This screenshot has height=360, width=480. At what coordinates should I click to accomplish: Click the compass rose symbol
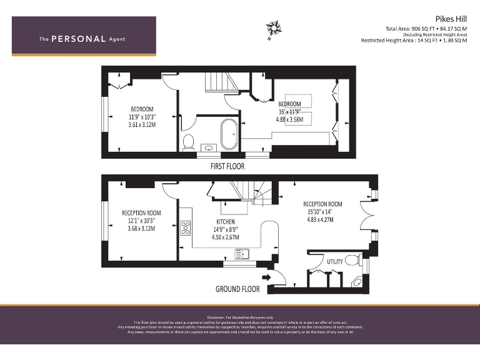[x=273, y=29]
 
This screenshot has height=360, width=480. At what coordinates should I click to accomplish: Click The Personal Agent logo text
[x=82, y=39]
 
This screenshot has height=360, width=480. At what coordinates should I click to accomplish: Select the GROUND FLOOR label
[x=237, y=289]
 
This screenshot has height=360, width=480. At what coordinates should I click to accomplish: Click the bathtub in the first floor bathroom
[x=229, y=132]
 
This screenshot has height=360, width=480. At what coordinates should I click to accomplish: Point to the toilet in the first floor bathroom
[x=188, y=142]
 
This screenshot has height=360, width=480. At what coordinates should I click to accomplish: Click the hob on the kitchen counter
[x=186, y=228]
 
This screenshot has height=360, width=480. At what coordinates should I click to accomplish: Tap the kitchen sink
[x=241, y=253]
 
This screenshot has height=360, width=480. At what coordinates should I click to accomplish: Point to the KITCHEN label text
[x=226, y=222]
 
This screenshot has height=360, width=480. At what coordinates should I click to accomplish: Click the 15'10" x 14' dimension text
[x=322, y=212]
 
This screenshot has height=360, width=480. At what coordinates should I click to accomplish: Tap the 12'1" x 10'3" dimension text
[x=141, y=221]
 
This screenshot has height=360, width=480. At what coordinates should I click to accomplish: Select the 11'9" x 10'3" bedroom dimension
[x=142, y=117]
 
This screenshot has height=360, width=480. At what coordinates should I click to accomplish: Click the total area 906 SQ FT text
[x=426, y=29]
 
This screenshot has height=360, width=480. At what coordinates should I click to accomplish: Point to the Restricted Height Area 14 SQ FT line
[x=414, y=40]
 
